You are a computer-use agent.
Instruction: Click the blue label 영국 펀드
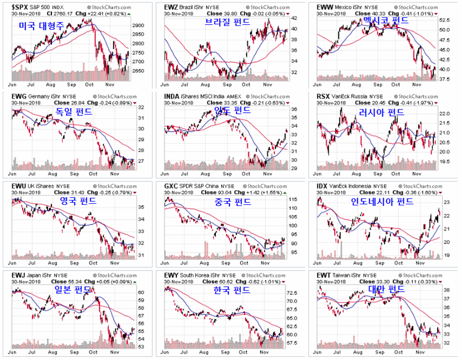(78, 201)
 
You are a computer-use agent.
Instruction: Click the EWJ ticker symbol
(18, 275)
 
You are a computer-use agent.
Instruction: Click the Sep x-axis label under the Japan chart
(72, 352)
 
